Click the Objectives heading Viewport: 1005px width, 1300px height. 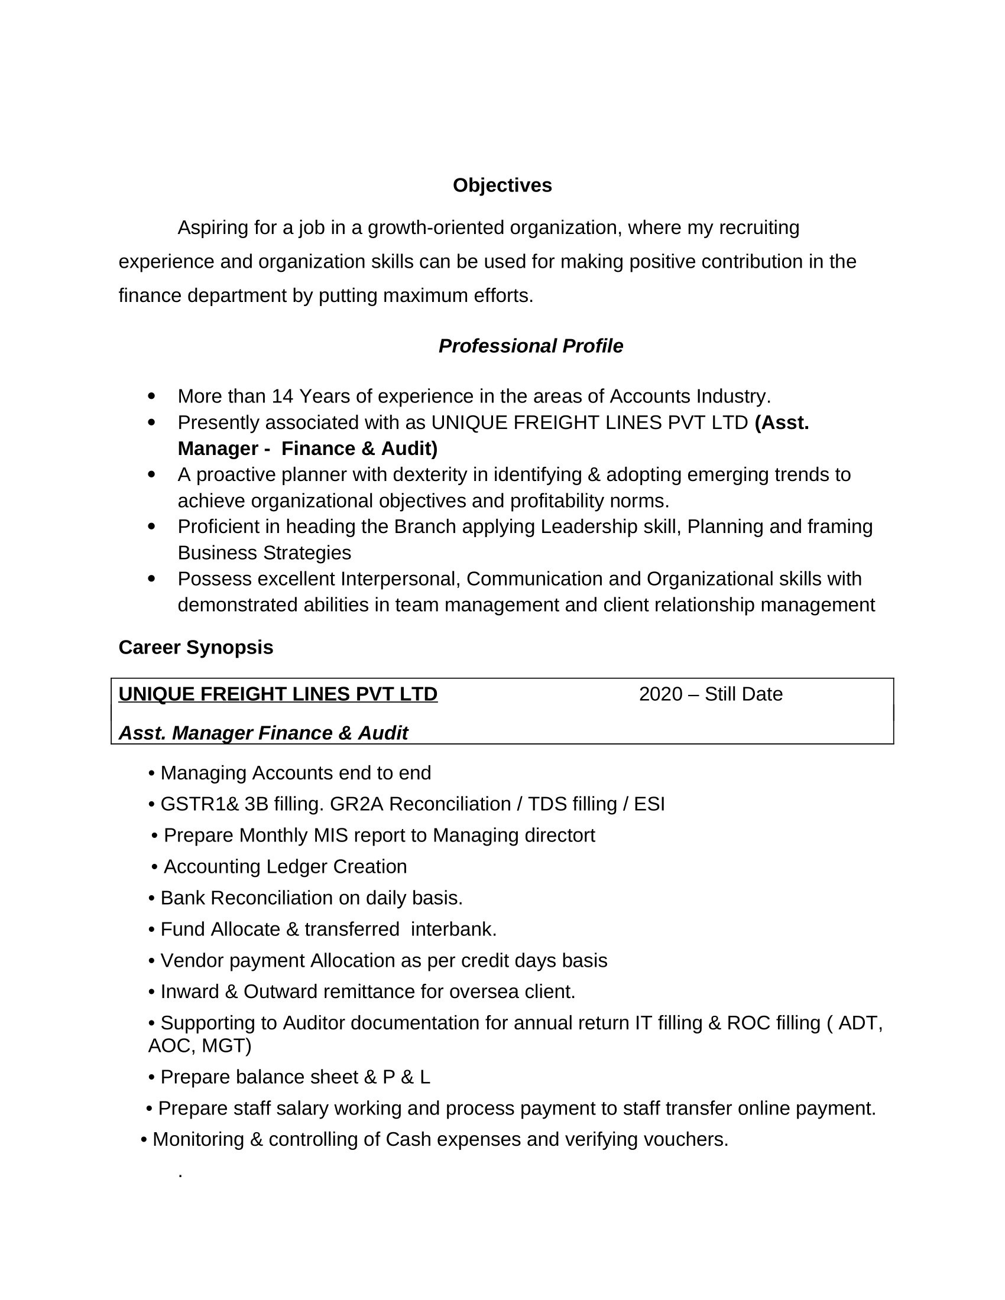502,186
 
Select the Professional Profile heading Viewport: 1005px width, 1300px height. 530,346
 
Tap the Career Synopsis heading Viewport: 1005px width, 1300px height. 196,647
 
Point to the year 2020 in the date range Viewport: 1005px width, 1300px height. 660,694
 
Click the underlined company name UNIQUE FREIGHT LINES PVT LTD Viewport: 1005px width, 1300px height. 278,694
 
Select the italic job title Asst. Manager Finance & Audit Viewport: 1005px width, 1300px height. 263,733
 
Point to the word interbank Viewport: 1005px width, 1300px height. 453,929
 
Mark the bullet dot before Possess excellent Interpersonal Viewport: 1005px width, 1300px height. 151,578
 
